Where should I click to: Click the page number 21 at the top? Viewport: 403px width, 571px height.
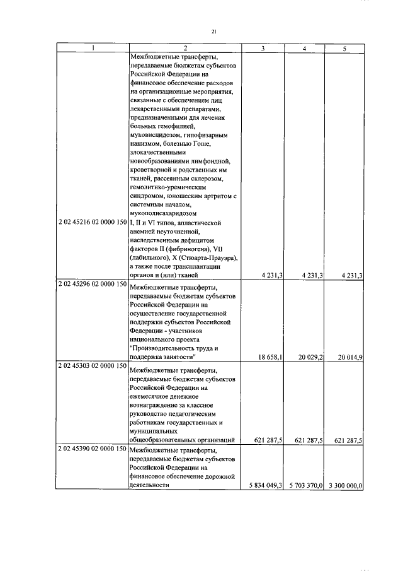(x=214, y=31)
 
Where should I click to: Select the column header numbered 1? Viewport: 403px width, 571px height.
(x=93, y=49)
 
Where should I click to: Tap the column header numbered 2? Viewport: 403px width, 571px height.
(x=185, y=49)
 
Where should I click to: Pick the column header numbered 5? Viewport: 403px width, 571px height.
(x=344, y=49)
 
